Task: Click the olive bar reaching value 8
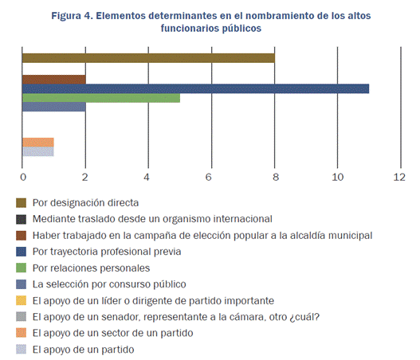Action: pyautogui.click(x=148, y=57)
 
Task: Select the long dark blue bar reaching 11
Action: pyautogui.click(x=195, y=88)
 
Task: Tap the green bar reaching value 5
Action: pyautogui.click(x=100, y=98)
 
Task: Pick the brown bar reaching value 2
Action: pyautogui.click(x=53, y=79)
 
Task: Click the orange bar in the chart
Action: pyautogui.click(x=37, y=142)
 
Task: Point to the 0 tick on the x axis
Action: pyautogui.click(x=22, y=177)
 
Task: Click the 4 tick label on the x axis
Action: pyautogui.click(x=147, y=177)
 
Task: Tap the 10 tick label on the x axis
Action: pyautogui.click(x=337, y=177)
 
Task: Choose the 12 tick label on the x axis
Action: pyautogui.click(x=400, y=177)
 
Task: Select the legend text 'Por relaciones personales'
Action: pyautogui.click(x=91, y=268)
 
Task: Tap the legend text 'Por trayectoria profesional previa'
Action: pyautogui.click(x=107, y=252)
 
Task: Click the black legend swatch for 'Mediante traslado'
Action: pyautogui.click(x=22, y=219)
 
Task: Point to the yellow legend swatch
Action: pyautogui.click(x=22, y=300)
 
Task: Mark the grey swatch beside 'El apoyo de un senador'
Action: pyautogui.click(x=22, y=317)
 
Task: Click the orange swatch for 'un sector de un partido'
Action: pyautogui.click(x=22, y=333)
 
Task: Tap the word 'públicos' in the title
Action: pyautogui.click(x=236, y=28)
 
